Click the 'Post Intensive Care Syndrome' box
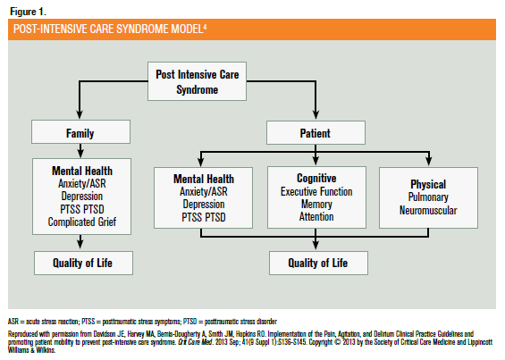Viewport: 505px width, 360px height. pos(198,81)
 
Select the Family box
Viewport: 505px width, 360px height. pos(80,132)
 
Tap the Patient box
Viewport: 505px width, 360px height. pos(316,133)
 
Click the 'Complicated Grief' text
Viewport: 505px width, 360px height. pos(82,222)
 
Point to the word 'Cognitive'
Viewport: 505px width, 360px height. pos(316,178)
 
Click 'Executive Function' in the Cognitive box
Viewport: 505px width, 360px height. pos(316,191)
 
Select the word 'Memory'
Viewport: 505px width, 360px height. pos(316,205)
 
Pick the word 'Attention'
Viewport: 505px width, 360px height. pos(316,217)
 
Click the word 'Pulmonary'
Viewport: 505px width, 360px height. pos(428,197)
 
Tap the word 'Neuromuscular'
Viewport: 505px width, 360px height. pos(428,210)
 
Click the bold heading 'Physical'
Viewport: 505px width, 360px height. pos(428,184)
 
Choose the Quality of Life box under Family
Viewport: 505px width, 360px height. pos(83,263)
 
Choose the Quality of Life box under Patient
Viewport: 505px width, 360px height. pos(318,263)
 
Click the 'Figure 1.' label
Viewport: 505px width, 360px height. pos(28,12)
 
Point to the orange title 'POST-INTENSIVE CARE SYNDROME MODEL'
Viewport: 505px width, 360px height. pos(110,29)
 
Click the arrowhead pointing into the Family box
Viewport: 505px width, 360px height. pos(80,115)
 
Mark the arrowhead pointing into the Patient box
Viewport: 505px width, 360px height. pos(316,115)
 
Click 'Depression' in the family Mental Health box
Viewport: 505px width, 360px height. pos(82,197)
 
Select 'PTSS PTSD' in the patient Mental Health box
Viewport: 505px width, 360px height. pos(204,217)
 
